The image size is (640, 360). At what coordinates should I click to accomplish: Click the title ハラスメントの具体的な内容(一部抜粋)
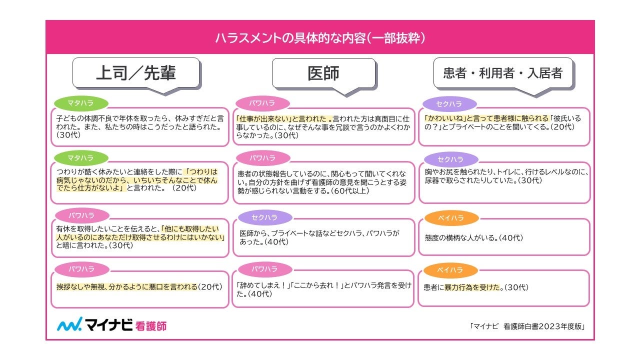pyautogui.click(x=320, y=37)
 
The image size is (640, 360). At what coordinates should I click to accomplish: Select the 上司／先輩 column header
pyautogui.click(x=135, y=73)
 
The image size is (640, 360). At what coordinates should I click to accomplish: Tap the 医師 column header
pyautogui.click(x=323, y=73)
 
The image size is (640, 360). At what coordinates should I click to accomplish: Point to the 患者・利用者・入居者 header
pyautogui.click(x=502, y=73)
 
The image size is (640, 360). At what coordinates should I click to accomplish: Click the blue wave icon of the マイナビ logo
pyautogui.click(x=68, y=325)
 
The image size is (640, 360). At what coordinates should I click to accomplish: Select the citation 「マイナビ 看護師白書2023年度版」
pyautogui.click(x=527, y=326)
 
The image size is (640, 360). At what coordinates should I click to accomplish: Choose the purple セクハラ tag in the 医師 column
pyautogui.click(x=264, y=217)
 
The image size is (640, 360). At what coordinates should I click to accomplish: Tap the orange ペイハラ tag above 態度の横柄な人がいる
pyautogui.click(x=450, y=218)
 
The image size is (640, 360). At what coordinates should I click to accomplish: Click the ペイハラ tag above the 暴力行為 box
pyautogui.click(x=450, y=270)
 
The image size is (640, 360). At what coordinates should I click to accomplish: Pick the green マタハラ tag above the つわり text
pyautogui.click(x=80, y=158)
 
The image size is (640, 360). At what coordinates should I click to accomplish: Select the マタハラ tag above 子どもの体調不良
pyautogui.click(x=80, y=103)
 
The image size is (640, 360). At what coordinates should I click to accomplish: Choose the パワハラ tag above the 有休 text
pyautogui.click(x=81, y=215)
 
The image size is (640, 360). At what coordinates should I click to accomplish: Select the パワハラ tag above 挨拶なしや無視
pyautogui.click(x=81, y=269)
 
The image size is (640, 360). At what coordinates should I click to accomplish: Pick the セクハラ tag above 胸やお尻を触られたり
pyautogui.click(x=450, y=159)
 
